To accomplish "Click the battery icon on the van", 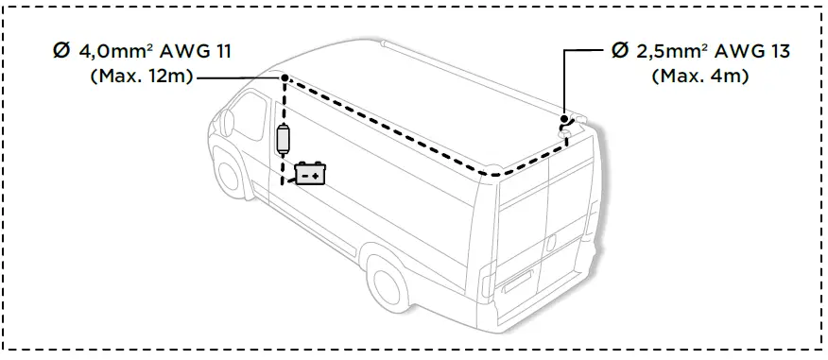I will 310,174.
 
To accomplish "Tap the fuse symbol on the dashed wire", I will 282,140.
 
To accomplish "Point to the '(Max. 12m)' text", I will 141,77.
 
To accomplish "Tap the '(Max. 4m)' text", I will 700,77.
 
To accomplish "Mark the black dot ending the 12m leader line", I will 282,78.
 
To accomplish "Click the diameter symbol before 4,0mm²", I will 60,50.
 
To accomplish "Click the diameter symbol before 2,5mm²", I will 618,50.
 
